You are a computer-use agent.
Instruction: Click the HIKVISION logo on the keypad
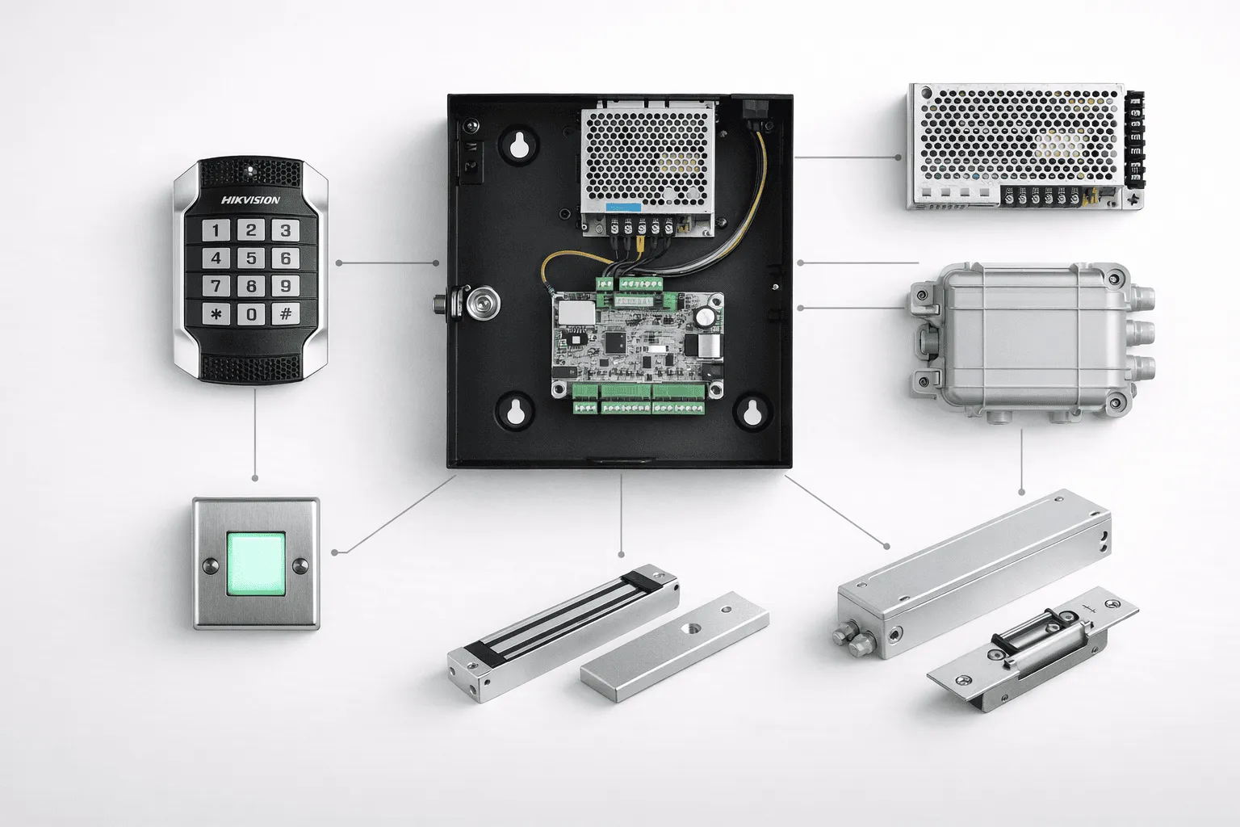pos(250,200)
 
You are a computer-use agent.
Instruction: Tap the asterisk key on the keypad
pos(216,314)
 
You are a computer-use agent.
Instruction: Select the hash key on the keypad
pos(286,314)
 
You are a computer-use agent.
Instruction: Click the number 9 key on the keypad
pos(286,286)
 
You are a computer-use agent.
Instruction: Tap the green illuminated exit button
pos(256,564)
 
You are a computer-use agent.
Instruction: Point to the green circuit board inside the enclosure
pos(639,345)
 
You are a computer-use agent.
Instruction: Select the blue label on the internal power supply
pos(623,208)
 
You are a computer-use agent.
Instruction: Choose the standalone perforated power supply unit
pos(1025,147)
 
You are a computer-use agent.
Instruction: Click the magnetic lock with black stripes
pos(563,632)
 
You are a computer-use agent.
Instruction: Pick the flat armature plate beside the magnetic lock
pos(675,646)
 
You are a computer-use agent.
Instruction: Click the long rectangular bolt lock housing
pos(973,573)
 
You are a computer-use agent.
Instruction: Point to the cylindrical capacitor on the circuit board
pos(705,317)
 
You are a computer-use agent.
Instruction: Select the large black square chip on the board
pos(615,343)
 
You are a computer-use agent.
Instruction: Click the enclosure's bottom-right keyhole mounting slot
pos(752,412)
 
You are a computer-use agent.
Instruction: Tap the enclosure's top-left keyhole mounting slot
pos(519,146)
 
